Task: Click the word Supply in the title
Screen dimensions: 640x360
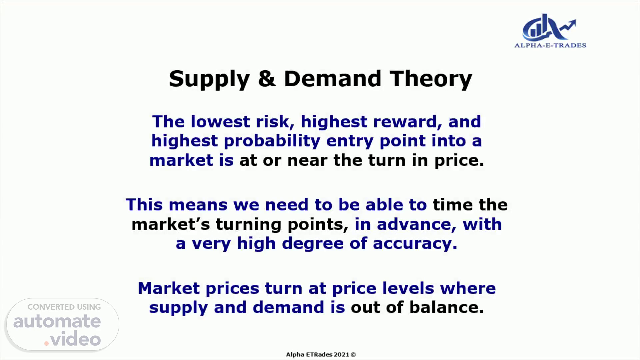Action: click(x=209, y=79)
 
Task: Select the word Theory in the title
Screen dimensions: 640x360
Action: click(x=431, y=79)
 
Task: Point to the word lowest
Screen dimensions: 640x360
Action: click(x=220, y=121)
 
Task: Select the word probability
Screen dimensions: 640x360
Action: click(x=272, y=141)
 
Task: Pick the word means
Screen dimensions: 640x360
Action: click(x=198, y=205)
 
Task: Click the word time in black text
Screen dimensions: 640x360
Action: click(x=453, y=205)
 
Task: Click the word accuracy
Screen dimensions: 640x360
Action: click(x=415, y=244)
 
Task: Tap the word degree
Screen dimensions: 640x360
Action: click(x=313, y=243)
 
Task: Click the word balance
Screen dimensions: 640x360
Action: click(x=446, y=307)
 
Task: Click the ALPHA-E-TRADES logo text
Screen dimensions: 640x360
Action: click(x=550, y=45)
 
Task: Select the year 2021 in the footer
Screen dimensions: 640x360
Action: click(x=341, y=355)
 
